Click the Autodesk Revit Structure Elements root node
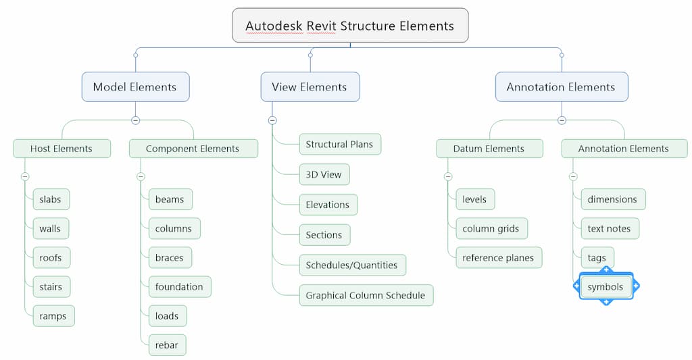pyautogui.click(x=350, y=26)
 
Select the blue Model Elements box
pyautogui.click(x=135, y=87)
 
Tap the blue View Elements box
pyautogui.click(x=310, y=87)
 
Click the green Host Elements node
pyautogui.click(x=61, y=149)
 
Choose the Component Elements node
pyautogui.click(x=193, y=149)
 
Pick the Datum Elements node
pyautogui.click(x=489, y=149)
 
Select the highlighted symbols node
pyautogui.click(x=605, y=287)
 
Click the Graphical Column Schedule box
pyautogui.click(x=366, y=295)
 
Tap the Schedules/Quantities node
pyautogui.click(x=351, y=265)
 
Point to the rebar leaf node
pyautogui.click(x=167, y=345)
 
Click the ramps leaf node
pyautogui.click(x=53, y=315)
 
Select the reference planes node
pyautogui.click(x=498, y=257)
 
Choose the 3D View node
pyautogui.click(x=324, y=174)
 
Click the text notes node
pyautogui.click(x=609, y=228)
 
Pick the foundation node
pyautogui.click(x=179, y=286)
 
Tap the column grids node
pyautogui.click(x=491, y=228)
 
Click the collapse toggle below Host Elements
pyautogui.click(x=25, y=177)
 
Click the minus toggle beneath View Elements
pyautogui.click(x=272, y=120)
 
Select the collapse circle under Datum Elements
pyautogui.click(x=448, y=177)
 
